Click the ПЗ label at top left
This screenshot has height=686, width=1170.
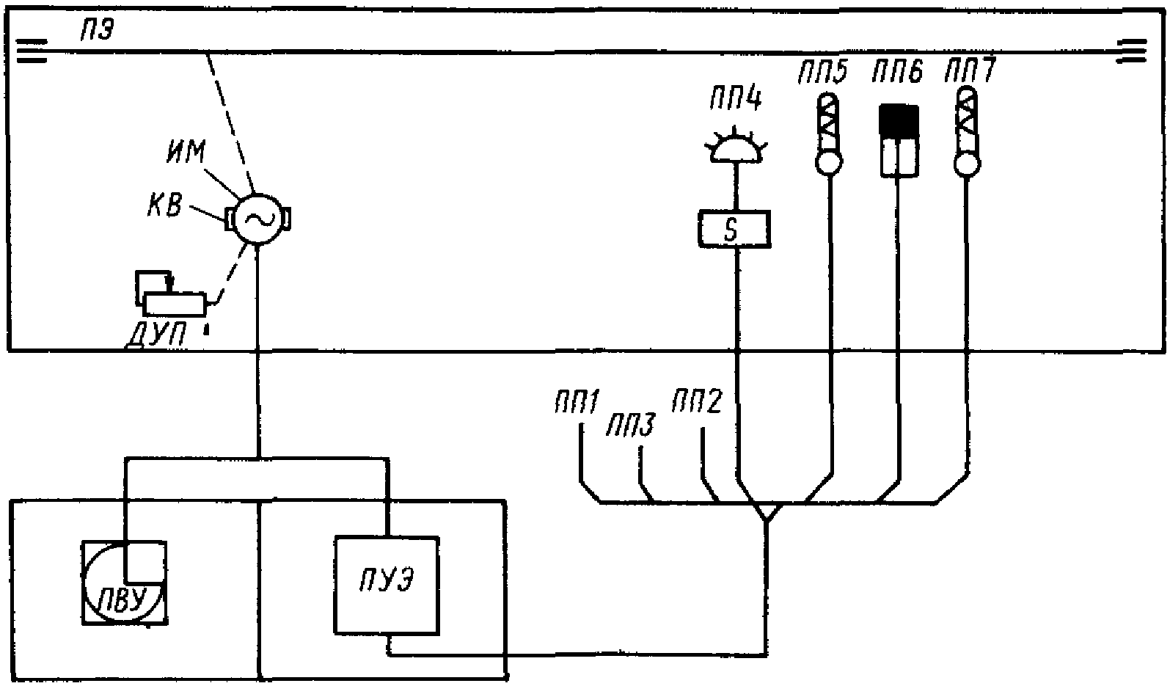point(97,32)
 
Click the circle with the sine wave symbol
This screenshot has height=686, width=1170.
point(257,219)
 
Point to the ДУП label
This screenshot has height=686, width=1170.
point(157,335)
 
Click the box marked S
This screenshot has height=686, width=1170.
point(734,229)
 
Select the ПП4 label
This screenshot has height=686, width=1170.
point(736,99)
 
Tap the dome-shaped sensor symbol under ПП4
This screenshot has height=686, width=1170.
point(736,146)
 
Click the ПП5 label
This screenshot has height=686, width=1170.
point(822,71)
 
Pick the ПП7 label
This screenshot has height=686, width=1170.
point(970,70)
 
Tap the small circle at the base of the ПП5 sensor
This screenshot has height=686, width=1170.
point(829,163)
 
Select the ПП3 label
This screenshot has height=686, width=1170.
point(630,426)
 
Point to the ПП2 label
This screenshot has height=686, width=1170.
point(697,401)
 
